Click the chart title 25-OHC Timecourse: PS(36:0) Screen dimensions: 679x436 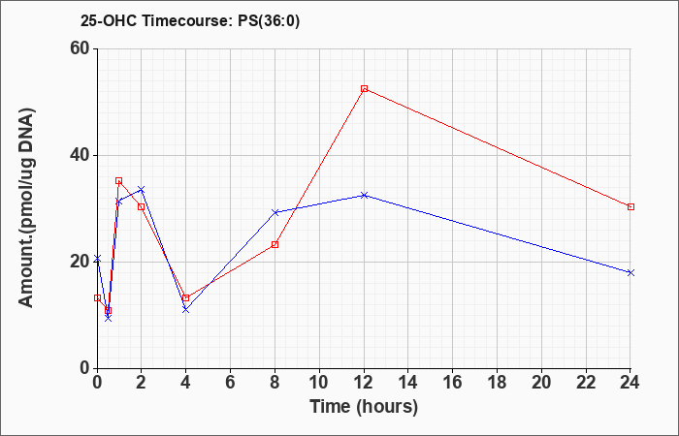[x=190, y=20]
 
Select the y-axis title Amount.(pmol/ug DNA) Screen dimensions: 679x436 [x=26, y=207]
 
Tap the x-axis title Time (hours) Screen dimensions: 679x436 [x=364, y=407]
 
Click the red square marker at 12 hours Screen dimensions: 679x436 [x=364, y=89]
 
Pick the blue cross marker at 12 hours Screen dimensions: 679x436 [x=364, y=195]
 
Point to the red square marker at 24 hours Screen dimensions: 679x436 [x=630, y=206]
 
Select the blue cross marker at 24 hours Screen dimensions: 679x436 [x=630, y=272]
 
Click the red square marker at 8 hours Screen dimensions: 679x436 [x=275, y=244]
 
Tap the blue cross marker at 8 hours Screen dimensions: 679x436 [x=275, y=212]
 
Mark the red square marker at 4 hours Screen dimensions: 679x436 [x=186, y=298]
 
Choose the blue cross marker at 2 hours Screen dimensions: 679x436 [x=142, y=190]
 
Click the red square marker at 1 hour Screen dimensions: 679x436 [x=118, y=180]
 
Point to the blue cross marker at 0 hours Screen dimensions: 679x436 [x=97, y=259]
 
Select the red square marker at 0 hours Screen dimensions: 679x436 [x=97, y=298]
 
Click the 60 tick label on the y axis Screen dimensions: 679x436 [x=79, y=48]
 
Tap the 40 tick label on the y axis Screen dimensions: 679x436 [x=79, y=155]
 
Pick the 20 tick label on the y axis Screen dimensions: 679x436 [x=79, y=262]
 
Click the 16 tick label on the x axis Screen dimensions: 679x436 [x=453, y=383]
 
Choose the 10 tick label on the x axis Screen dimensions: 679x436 [x=319, y=383]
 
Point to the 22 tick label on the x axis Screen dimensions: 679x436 [x=586, y=383]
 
